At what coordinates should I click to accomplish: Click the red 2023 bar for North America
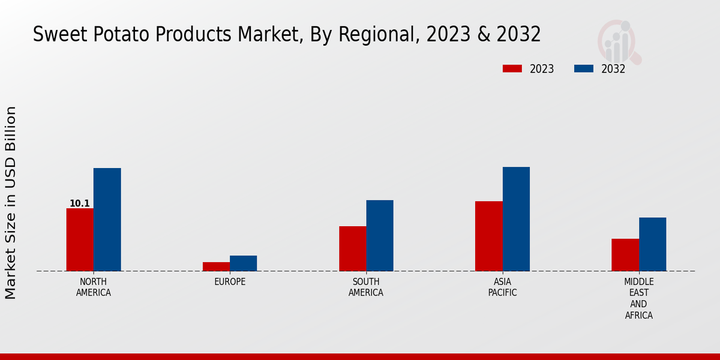80,239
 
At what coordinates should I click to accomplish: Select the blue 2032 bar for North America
107,220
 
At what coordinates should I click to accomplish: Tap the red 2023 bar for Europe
216,266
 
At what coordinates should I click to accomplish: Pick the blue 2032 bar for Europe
243,263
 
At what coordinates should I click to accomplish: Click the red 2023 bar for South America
352,248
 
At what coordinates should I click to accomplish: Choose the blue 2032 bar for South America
380,235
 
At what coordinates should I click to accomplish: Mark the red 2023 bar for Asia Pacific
488,236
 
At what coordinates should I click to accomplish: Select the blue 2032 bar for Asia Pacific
516,219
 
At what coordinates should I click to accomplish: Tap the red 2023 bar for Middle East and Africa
625,255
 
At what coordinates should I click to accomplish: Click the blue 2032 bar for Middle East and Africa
652,244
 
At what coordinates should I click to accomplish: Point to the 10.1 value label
80,203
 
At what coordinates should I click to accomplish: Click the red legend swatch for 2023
512,68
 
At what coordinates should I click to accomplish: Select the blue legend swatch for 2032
584,68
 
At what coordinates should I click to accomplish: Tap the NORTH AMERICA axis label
94,287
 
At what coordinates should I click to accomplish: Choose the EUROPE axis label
230,282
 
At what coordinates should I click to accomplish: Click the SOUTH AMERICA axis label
366,287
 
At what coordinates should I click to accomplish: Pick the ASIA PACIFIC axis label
502,287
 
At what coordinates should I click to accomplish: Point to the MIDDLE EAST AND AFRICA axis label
639,298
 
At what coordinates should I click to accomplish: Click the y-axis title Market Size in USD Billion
11,203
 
